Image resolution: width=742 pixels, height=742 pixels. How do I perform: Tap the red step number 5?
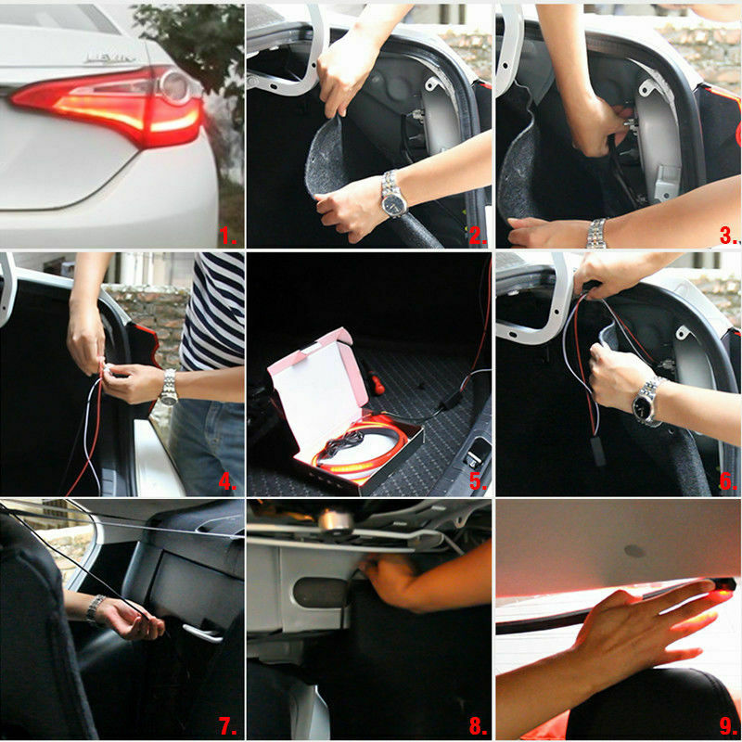point(477,482)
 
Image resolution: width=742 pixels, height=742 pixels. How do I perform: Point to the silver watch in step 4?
point(168,386)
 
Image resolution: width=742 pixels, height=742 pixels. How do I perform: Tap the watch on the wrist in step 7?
point(95,608)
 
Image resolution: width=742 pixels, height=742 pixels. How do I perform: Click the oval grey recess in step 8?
point(320,592)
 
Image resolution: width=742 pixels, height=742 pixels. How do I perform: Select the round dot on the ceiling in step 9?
point(634,551)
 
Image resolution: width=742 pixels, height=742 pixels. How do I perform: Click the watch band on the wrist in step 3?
point(595,233)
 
